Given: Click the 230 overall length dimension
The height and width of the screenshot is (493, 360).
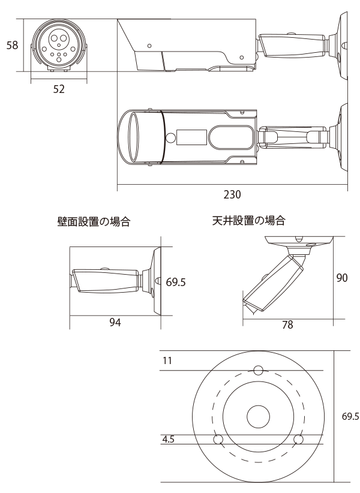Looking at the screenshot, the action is click(x=232, y=194).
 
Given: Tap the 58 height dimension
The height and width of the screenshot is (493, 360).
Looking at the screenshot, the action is click(x=12, y=45).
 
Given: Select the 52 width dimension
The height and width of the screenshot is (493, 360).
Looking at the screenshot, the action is click(x=59, y=89).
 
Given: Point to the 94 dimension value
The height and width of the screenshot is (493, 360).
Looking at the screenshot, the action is click(x=115, y=322).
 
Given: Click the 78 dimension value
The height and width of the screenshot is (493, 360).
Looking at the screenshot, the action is click(x=287, y=324).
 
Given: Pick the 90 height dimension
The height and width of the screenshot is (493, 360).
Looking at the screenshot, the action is click(x=342, y=278).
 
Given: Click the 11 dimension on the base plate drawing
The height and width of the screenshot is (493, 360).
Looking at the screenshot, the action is click(x=167, y=360).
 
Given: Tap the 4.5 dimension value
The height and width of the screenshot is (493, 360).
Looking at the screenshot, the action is click(x=169, y=439).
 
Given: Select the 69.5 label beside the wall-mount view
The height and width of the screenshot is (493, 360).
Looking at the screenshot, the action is click(x=176, y=282).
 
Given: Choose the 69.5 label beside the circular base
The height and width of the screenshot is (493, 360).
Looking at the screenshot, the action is click(x=350, y=416).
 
